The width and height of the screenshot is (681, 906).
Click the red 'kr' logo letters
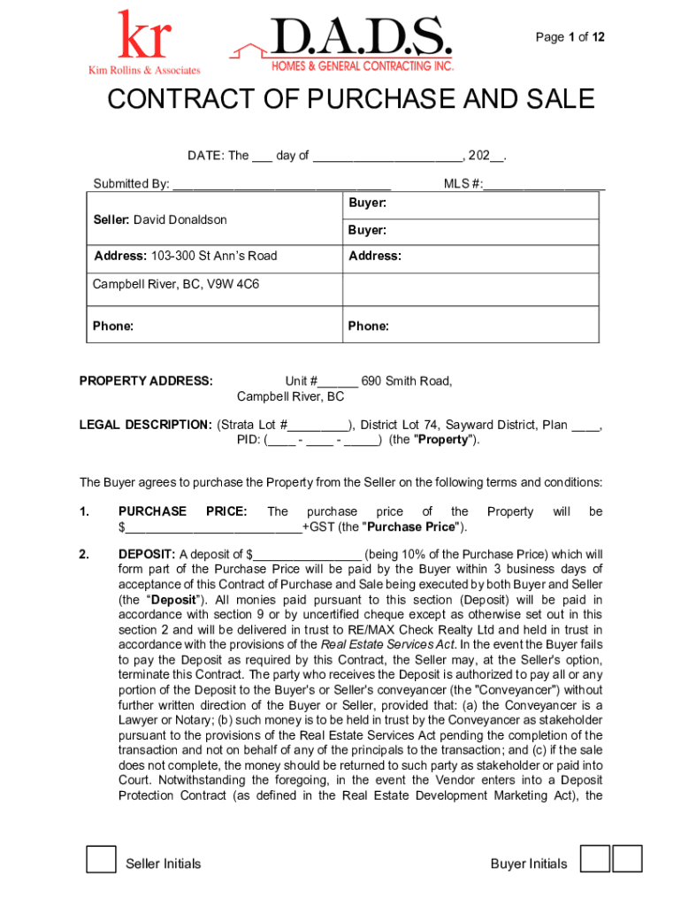pos(143,37)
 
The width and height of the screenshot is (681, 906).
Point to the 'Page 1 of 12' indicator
pos(570,37)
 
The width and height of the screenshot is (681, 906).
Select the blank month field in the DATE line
pos(387,157)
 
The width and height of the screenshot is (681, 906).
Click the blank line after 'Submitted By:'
pos(281,185)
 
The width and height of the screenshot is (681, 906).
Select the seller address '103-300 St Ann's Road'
pos(213,256)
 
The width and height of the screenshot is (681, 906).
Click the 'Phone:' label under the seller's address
pos(113,326)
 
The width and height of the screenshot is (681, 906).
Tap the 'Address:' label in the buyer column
pos(374,256)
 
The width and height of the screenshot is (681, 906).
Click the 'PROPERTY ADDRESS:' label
pos(146,381)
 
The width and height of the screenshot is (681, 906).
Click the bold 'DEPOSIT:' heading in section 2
pos(147,555)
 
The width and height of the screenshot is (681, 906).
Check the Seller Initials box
pos(101,859)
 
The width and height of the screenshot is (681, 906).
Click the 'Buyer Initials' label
pos(529,864)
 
